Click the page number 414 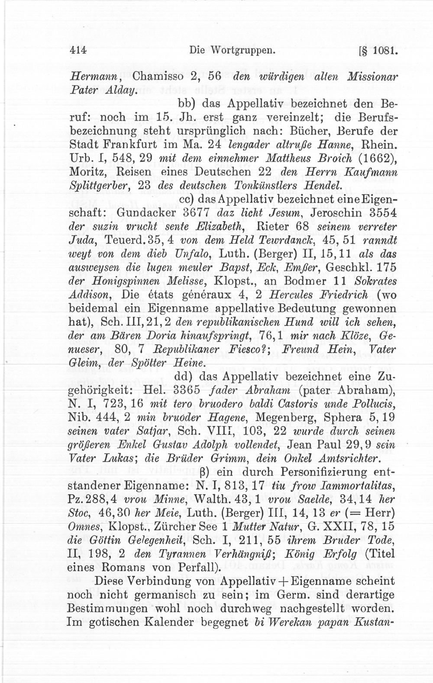coord(78,50)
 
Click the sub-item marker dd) coord(184,375)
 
